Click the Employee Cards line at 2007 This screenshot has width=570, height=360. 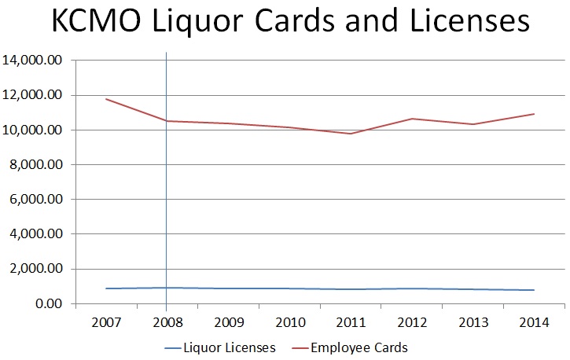click(105, 99)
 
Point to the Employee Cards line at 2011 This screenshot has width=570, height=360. click(350, 134)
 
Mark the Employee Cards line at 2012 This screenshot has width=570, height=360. click(411, 119)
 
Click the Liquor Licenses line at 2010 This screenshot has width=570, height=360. click(289, 288)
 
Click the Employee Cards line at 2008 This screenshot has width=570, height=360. click(167, 121)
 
